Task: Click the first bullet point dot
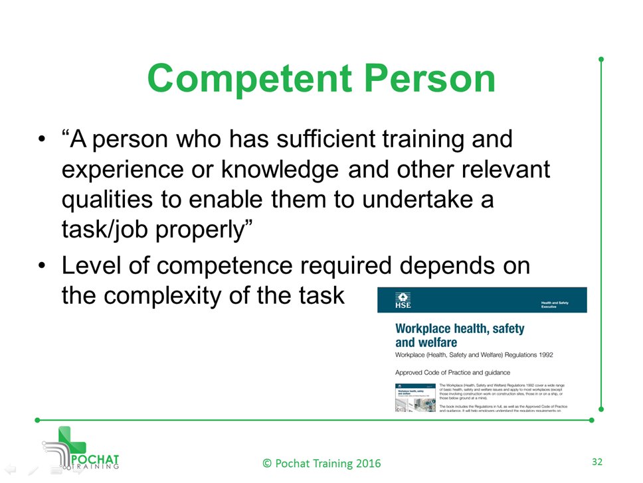click(x=42, y=141)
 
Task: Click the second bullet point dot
click(x=42, y=266)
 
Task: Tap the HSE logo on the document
click(x=403, y=300)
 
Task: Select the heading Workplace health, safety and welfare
click(x=459, y=335)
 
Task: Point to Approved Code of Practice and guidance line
click(x=452, y=372)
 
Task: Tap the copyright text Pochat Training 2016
click(x=321, y=462)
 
